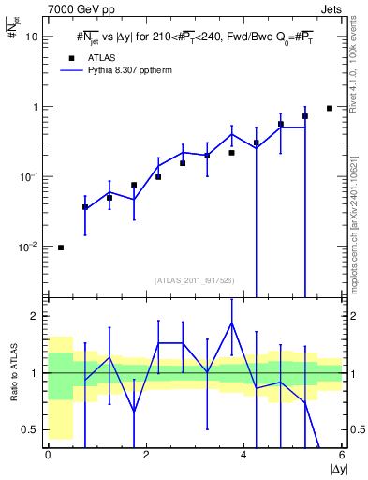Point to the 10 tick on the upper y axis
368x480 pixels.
pos(31,37)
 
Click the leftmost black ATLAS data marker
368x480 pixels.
pos(61,247)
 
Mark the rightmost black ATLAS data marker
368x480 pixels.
pos(330,108)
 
